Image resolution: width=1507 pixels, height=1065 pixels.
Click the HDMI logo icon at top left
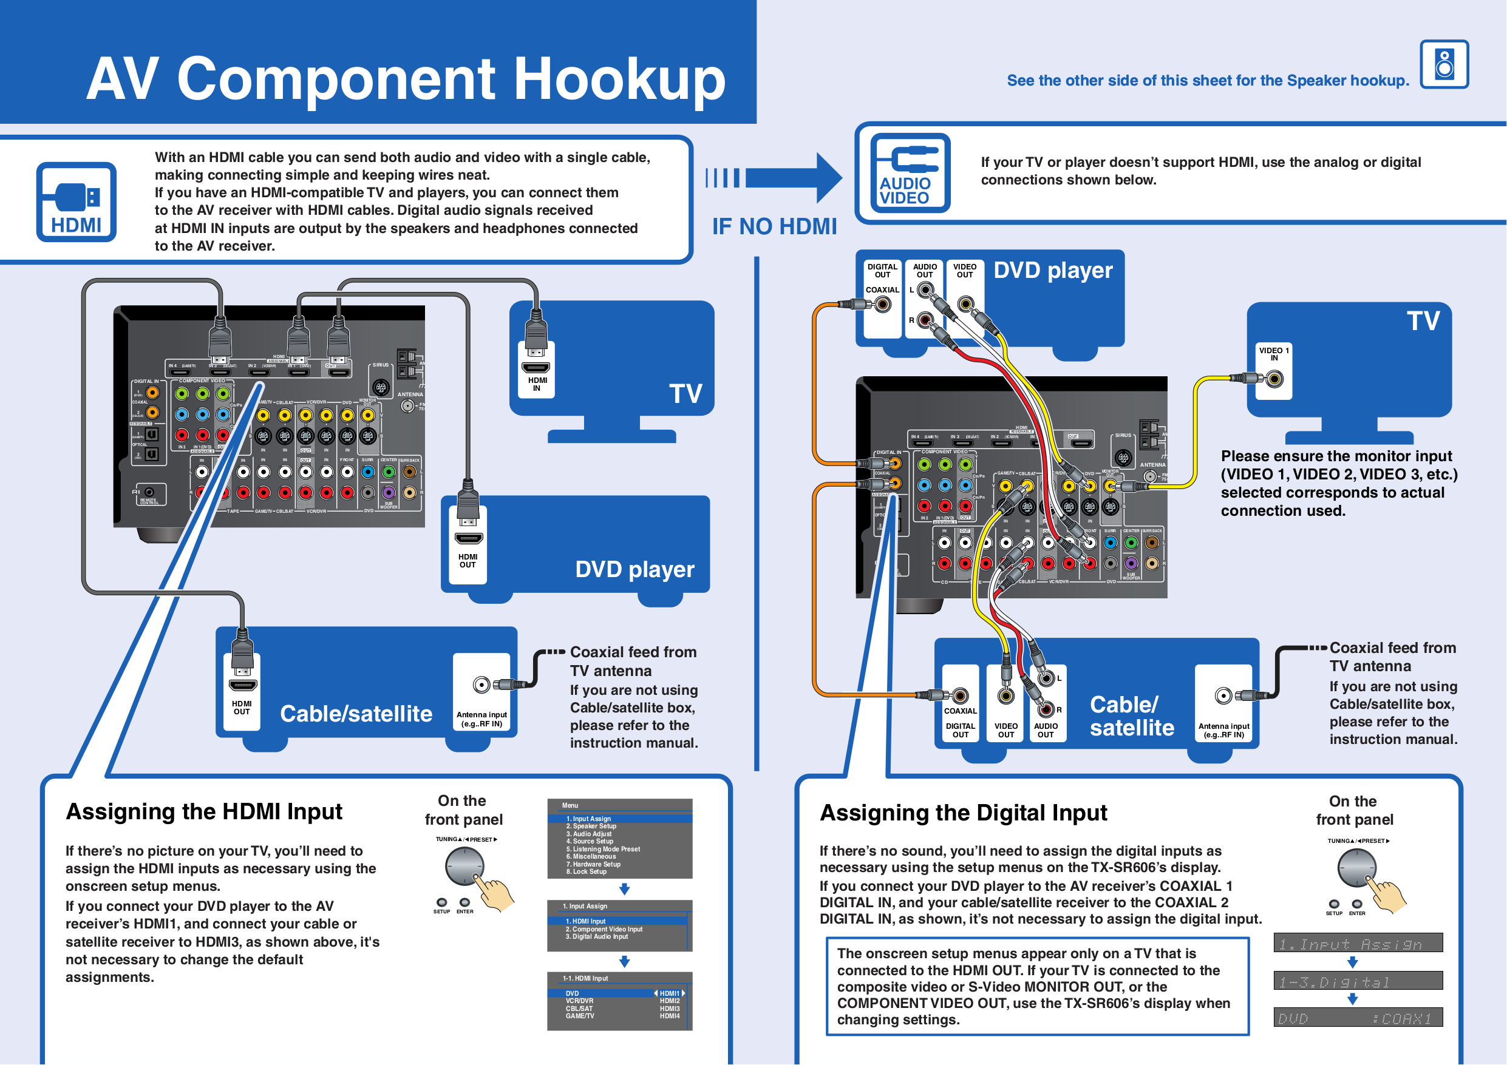point(76,202)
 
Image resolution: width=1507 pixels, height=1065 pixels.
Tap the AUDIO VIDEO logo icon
point(910,173)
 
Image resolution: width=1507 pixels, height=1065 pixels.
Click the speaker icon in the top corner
point(1444,64)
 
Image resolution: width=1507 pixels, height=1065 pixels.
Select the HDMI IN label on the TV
point(537,385)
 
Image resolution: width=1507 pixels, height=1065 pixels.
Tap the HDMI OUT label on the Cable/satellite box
point(242,708)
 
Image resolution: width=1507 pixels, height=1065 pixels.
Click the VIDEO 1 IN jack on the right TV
point(1274,379)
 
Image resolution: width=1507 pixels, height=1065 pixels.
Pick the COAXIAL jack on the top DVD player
point(883,305)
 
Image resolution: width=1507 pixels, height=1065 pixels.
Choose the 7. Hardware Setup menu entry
point(593,864)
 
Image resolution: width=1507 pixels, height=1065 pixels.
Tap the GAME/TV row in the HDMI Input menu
point(580,1016)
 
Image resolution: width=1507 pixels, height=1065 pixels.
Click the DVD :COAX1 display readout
point(1358,1018)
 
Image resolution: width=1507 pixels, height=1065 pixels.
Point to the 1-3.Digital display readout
point(1358,982)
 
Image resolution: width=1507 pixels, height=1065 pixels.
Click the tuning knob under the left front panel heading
point(464,866)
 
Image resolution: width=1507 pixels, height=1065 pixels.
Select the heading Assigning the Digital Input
point(963,813)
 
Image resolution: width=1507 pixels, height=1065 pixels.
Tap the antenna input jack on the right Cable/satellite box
point(1223,695)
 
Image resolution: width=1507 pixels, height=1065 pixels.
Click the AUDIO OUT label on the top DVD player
point(925,271)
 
